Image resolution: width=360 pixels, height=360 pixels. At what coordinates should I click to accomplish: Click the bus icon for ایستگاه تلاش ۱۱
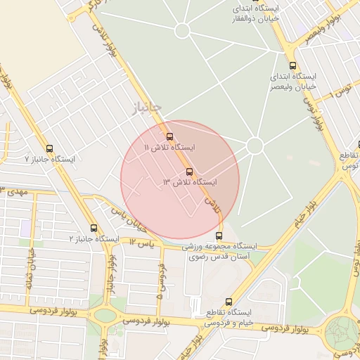pos(169,136)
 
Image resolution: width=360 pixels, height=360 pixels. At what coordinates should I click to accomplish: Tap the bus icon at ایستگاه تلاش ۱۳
pos(189,172)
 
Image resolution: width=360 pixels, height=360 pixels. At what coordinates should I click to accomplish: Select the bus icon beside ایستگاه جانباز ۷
pos(49,148)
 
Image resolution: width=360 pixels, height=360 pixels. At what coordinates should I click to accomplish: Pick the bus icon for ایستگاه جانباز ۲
pos(94,228)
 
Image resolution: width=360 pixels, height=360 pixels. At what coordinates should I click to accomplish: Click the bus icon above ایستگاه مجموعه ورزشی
pos(219,236)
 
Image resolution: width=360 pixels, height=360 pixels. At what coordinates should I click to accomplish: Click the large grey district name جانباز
pos(147,107)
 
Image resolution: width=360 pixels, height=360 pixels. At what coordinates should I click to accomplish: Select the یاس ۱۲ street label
pos(141,243)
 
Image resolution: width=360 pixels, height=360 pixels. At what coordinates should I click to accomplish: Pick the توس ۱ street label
pos(343,91)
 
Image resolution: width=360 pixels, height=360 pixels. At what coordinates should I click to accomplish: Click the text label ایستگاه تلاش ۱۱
pos(169,148)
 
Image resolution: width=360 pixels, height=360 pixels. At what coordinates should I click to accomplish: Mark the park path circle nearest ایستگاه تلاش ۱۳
pos(255,146)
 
